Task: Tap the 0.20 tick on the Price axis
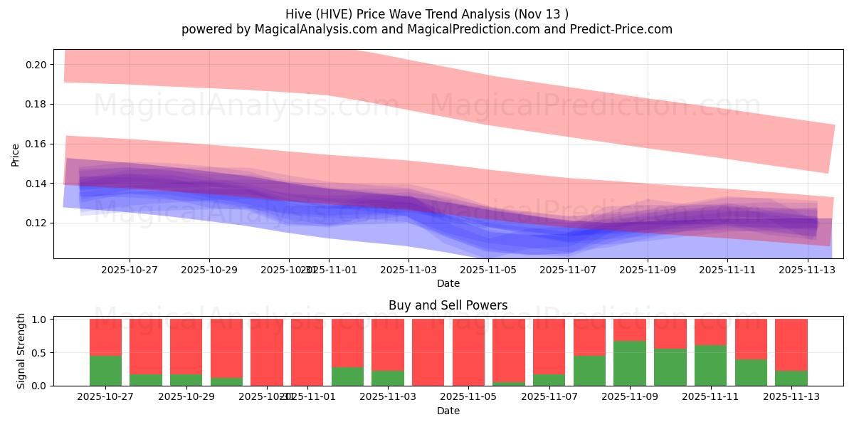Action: [36, 65]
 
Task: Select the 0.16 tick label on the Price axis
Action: [36, 144]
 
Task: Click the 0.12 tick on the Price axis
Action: [36, 223]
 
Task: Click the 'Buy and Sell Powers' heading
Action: [448, 305]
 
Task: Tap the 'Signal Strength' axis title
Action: [21, 352]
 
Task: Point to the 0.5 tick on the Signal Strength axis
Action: [39, 352]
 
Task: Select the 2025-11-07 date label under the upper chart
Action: [568, 270]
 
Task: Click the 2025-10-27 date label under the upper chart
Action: [130, 270]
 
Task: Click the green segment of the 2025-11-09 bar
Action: [630, 363]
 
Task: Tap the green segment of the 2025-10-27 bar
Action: [105, 370]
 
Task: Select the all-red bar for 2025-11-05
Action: [468, 352]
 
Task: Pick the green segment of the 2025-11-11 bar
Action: [710, 365]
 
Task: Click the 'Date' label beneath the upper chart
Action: [448, 283]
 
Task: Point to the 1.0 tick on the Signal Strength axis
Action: [39, 320]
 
